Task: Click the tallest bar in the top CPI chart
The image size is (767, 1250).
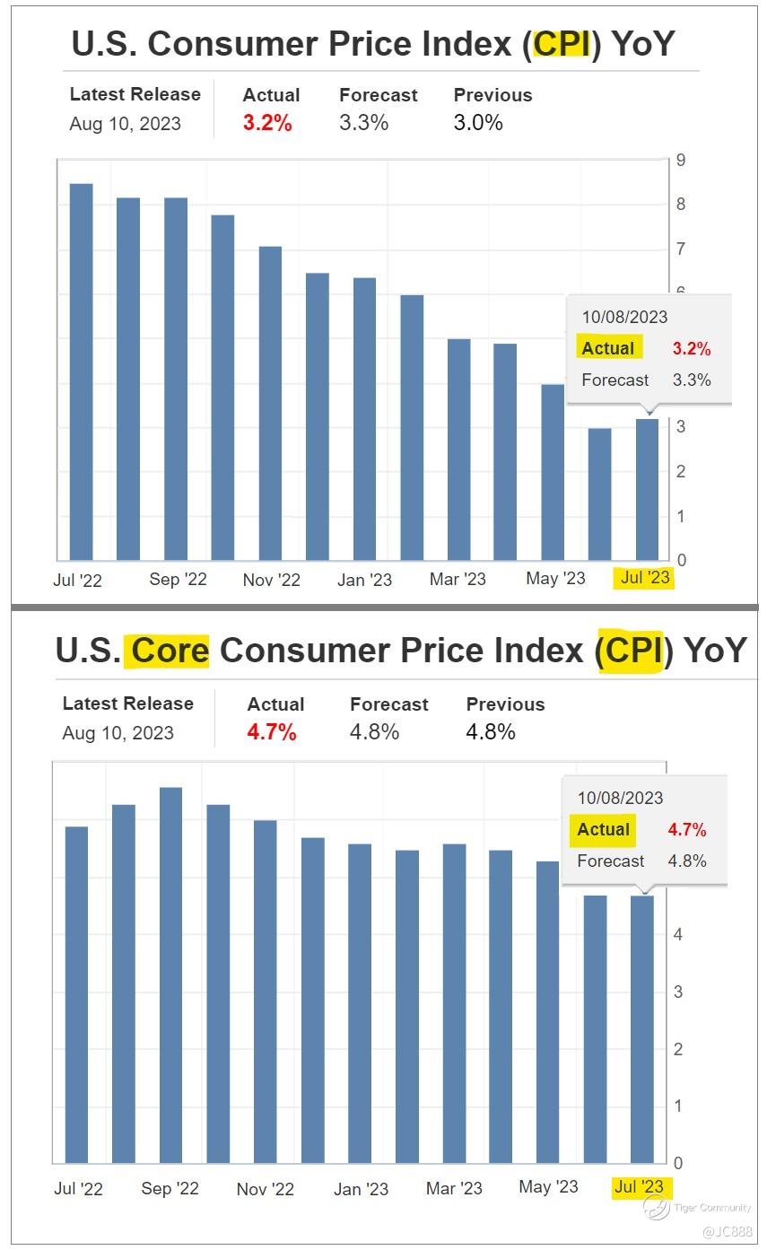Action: (x=82, y=372)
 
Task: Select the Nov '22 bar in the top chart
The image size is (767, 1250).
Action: (x=270, y=403)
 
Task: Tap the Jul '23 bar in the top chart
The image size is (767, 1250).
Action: (x=647, y=489)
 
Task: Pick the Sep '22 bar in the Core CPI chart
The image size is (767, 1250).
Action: (x=170, y=975)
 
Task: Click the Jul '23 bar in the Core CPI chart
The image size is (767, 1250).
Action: (x=642, y=1028)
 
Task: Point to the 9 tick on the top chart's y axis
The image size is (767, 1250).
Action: (x=682, y=161)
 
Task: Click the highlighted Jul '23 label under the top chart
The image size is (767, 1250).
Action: (x=645, y=578)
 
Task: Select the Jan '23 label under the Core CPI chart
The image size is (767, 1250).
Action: (x=361, y=1189)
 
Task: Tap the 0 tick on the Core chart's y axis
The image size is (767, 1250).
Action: (x=678, y=1163)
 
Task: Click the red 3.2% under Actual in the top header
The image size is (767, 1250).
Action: (x=267, y=124)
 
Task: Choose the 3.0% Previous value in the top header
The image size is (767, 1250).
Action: (x=478, y=124)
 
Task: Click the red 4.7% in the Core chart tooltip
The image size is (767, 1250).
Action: (x=686, y=830)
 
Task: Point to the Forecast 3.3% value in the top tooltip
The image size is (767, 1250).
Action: (x=692, y=380)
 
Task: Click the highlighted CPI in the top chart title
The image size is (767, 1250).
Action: (x=562, y=43)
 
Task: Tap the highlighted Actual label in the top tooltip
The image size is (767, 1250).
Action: (x=607, y=348)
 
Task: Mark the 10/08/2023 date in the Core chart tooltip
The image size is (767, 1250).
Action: (x=620, y=798)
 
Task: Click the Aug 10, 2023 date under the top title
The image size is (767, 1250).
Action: (x=125, y=124)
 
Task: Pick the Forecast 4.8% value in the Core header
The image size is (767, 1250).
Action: (x=374, y=732)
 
